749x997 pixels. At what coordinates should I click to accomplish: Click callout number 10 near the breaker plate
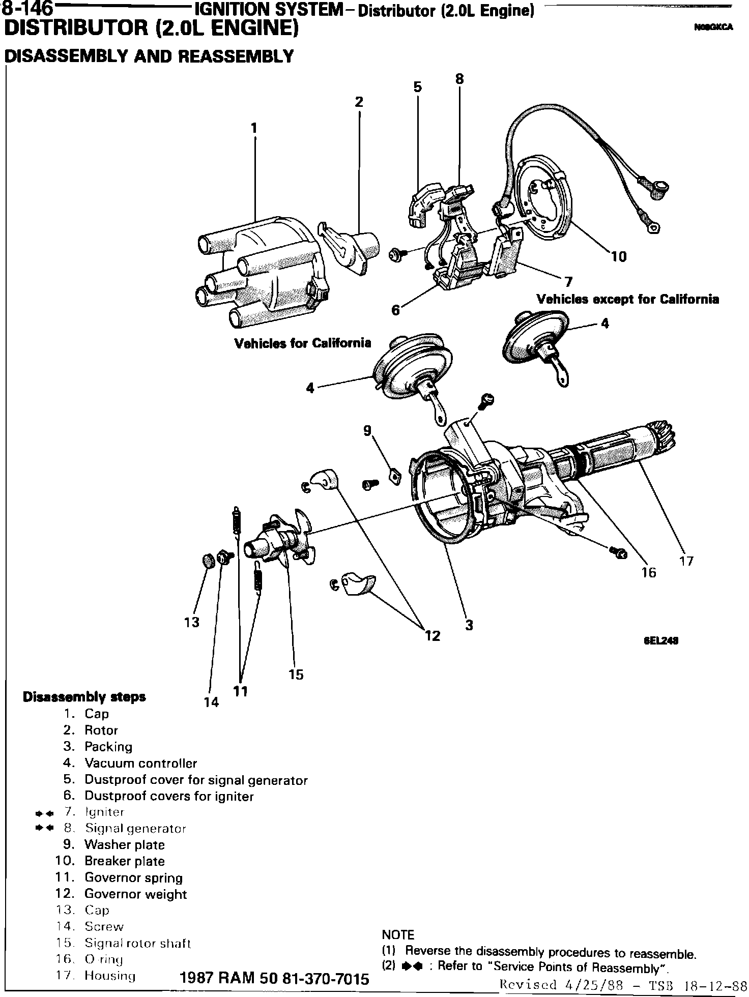pyautogui.click(x=618, y=257)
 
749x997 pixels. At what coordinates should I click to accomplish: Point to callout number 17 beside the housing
pyautogui.click(x=686, y=561)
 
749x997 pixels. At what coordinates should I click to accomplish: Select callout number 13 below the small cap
pyautogui.click(x=191, y=622)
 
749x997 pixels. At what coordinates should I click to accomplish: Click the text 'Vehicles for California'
pyautogui.click(x=302, y=343)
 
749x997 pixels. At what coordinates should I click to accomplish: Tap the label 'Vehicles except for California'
pyautogui.click(x=627, y=299)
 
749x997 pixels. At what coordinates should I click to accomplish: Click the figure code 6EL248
pyautogui.click(x=661, y=640)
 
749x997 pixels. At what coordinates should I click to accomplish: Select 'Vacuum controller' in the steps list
pyautogui.click(x=140, y=763)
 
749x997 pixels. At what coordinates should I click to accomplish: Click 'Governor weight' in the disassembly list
pyautogui.click(x=135, y=894)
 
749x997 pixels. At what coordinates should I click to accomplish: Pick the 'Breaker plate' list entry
pyautogui.click(x=125, y=861)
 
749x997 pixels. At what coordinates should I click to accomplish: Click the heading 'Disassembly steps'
pyautogui.click(x=84, y=697)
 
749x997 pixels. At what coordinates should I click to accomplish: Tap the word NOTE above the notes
pyautogui.click(x=398, y=935)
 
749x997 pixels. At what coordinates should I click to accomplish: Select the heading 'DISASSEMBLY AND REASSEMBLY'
pyautogui.click(x=149, y=56)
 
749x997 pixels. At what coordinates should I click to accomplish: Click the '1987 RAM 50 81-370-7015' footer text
pyautogui.click(x=274, y=979)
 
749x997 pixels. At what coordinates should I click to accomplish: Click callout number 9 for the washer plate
pyautogui.click(x=367, y=431)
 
